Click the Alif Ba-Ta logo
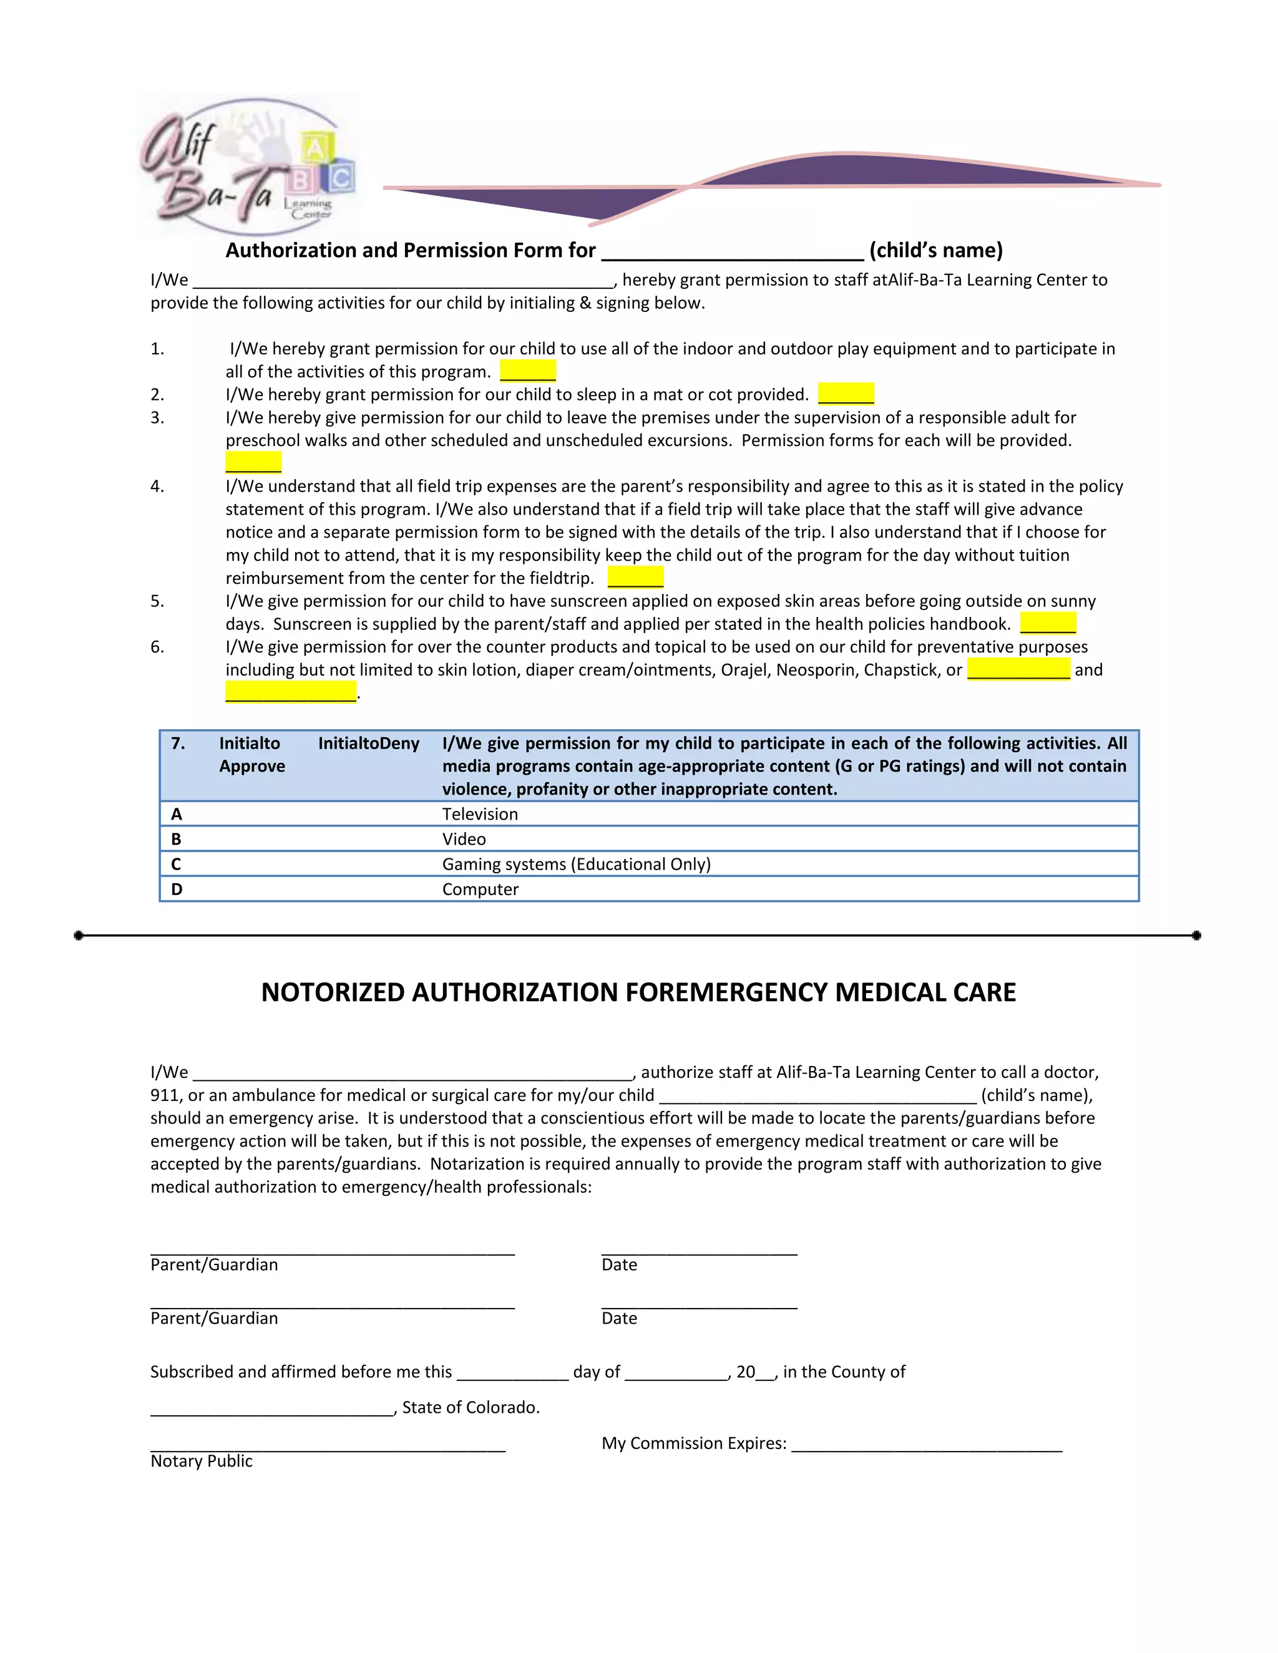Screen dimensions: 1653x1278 coord(246,165)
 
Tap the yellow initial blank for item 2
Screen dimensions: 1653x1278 coord(846,394)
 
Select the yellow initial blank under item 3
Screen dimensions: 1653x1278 coord(253,462)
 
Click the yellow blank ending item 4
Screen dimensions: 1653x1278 coord(635,578)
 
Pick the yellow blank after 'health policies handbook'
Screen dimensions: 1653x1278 coord(1048,624)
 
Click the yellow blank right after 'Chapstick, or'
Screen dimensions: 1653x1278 coord(1018,670)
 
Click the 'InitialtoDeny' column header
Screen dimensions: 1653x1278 coord(368,744)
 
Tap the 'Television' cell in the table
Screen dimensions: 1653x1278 coord(480,815)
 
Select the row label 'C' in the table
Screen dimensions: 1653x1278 coord(177,865)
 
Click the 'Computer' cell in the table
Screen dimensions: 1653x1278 coord(480,890)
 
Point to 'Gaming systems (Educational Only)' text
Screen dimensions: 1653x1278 coord(576,865)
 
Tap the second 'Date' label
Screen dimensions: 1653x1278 coord(619,1319)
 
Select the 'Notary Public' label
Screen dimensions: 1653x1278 coord(202,1462)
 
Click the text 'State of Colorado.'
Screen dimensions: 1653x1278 coord(470,1408)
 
